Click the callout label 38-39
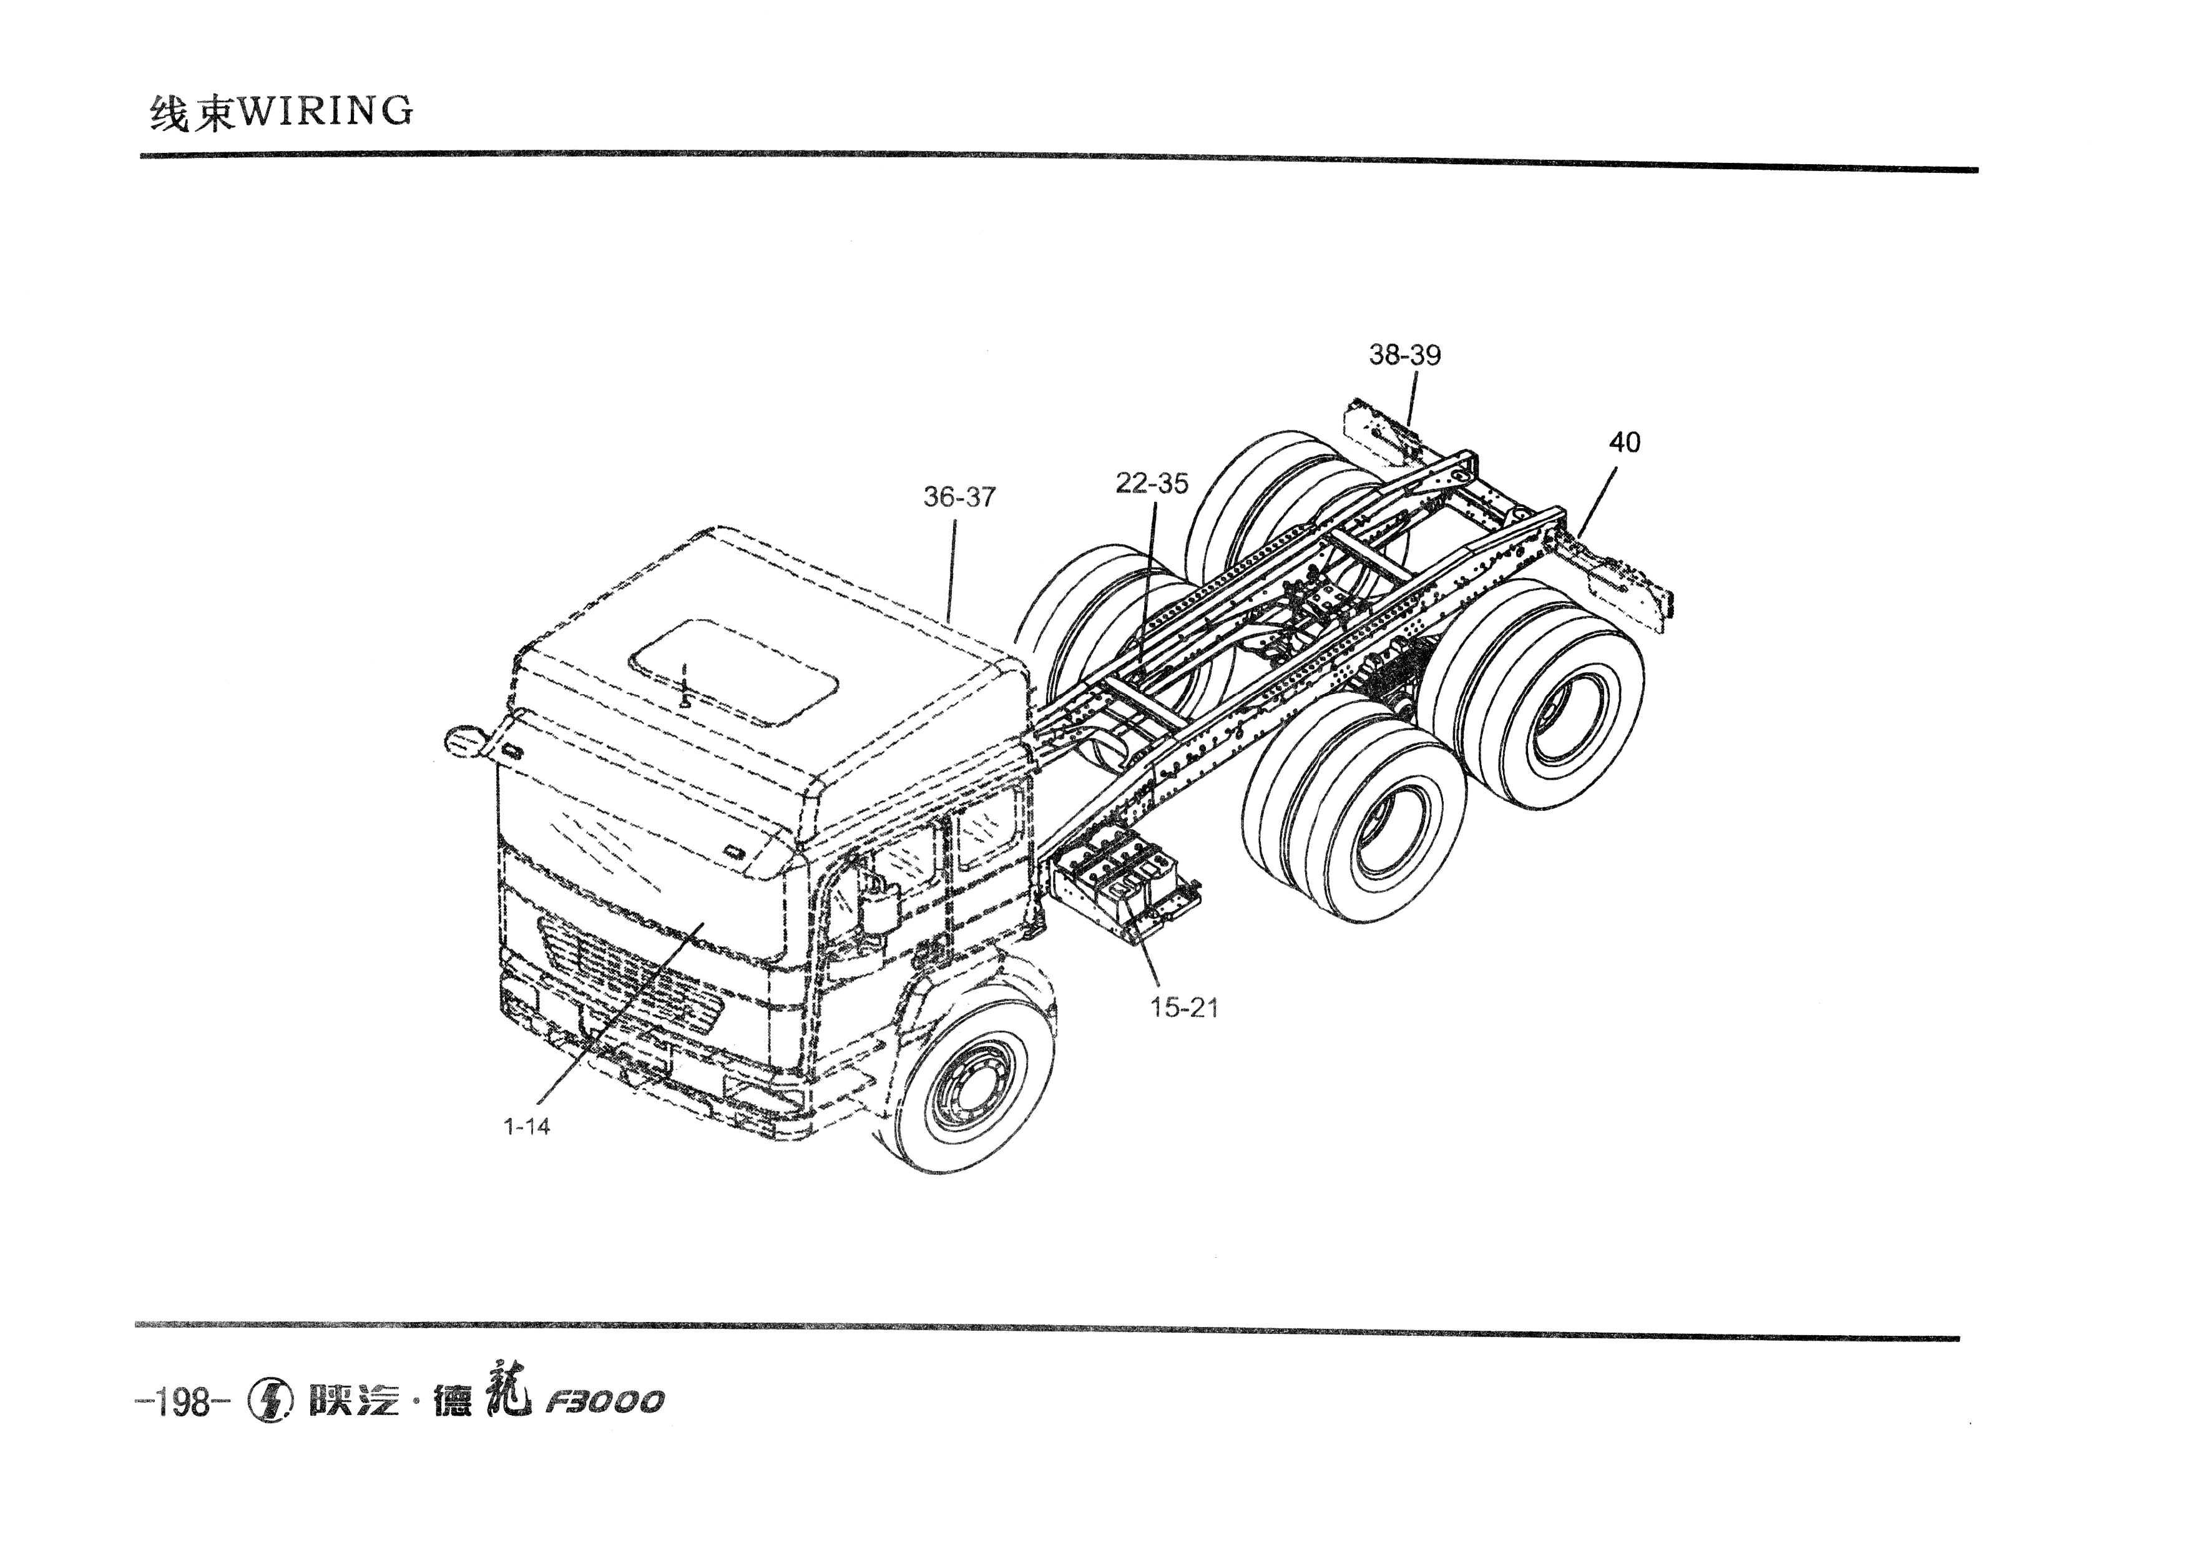pos(1404,355)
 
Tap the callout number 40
pos(1625,443)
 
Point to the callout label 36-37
pos(959,497)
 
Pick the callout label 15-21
pos(1184,1007)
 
